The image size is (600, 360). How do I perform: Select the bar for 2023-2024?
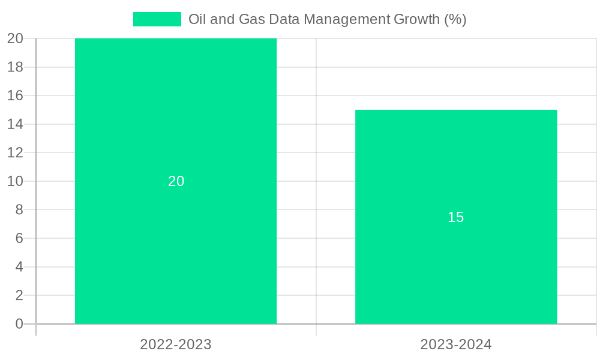(x=456, y=270)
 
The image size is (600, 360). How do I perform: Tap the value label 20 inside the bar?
(x=176, y=181)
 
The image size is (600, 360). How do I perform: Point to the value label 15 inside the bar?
(x=456, y=217)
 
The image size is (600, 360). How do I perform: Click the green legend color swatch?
(x=157, y=19)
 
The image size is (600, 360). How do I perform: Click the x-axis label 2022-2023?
(x=176, y=344)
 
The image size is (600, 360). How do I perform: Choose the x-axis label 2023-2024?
(x=456, y=344)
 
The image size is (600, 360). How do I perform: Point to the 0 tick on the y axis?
(x=19, y=324)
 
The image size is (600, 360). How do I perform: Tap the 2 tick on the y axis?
(x=19, y=295)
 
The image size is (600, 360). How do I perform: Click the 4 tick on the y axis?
(x=19, y=266)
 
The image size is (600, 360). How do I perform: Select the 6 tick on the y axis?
(x=19, y=238)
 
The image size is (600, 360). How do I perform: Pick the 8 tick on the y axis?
(x=19, y=209)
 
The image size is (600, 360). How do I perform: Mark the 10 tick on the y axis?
(x=15, y=181)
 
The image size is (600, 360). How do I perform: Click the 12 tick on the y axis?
(x=15, y=152)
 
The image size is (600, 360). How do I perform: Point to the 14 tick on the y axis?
(x=15, y=124)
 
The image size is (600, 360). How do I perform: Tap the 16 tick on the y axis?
(x=15, y=95)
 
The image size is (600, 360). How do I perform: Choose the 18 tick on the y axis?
(x=15, y=67)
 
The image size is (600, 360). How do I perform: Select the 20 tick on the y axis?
(x=15, y=38)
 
